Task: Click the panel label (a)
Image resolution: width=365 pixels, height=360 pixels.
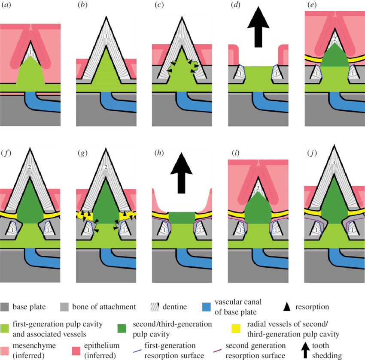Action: point(7,6)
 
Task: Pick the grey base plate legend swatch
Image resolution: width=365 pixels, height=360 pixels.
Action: point(6,307)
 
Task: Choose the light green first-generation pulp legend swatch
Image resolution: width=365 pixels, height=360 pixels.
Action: point(6,327)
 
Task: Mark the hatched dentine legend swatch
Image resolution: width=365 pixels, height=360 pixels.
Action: point(155,307)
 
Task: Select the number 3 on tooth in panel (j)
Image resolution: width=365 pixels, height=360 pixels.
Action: point(333,163)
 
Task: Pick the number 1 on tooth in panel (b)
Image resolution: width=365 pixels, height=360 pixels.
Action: point(105,36)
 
